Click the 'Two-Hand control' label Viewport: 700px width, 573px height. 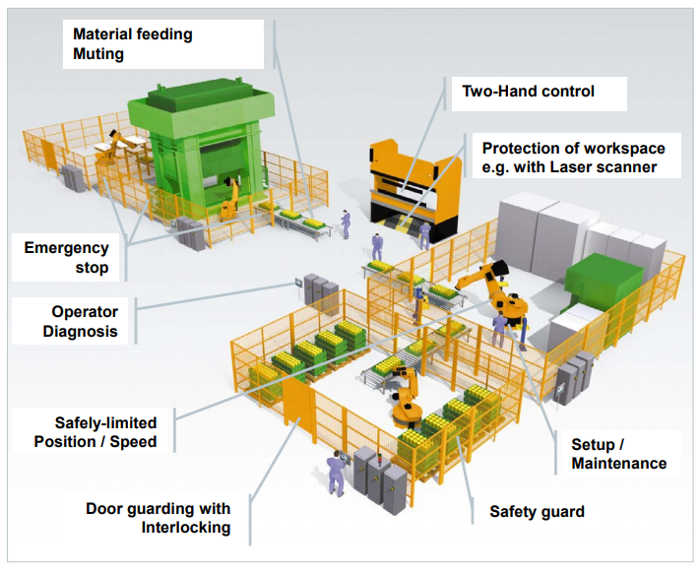[x=529, y=92]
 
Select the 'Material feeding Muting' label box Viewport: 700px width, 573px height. [x=133, y=43]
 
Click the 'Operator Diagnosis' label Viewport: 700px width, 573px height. [x=80, y=320]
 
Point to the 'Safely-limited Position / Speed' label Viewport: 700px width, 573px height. [x=95, y=431]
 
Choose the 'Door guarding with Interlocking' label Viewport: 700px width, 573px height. [x=158, y=518]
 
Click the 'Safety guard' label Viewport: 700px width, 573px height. [x=537, y=511]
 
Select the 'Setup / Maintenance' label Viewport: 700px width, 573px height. [x=618, y=453]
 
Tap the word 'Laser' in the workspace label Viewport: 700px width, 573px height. [x=576, y=167]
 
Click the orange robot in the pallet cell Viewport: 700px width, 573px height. [x=404, y=394]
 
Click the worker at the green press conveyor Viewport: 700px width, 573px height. [x=345, y=223]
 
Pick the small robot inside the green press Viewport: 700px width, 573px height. [x=229, y=197]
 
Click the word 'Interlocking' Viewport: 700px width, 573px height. [x=185, y=528]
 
